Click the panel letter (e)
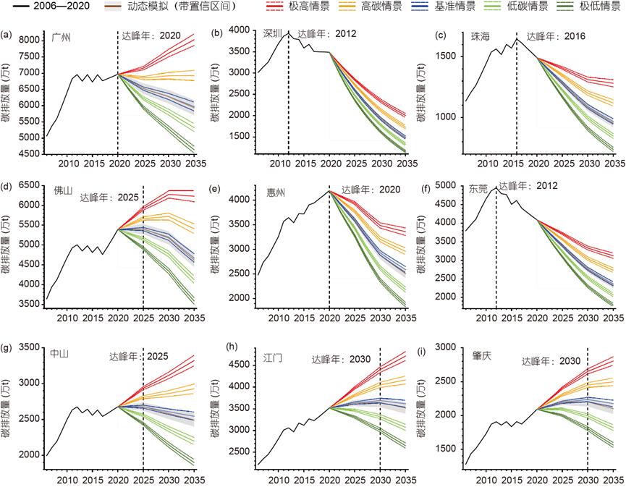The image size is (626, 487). coord(216,187)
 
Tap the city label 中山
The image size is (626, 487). coord(59,353)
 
